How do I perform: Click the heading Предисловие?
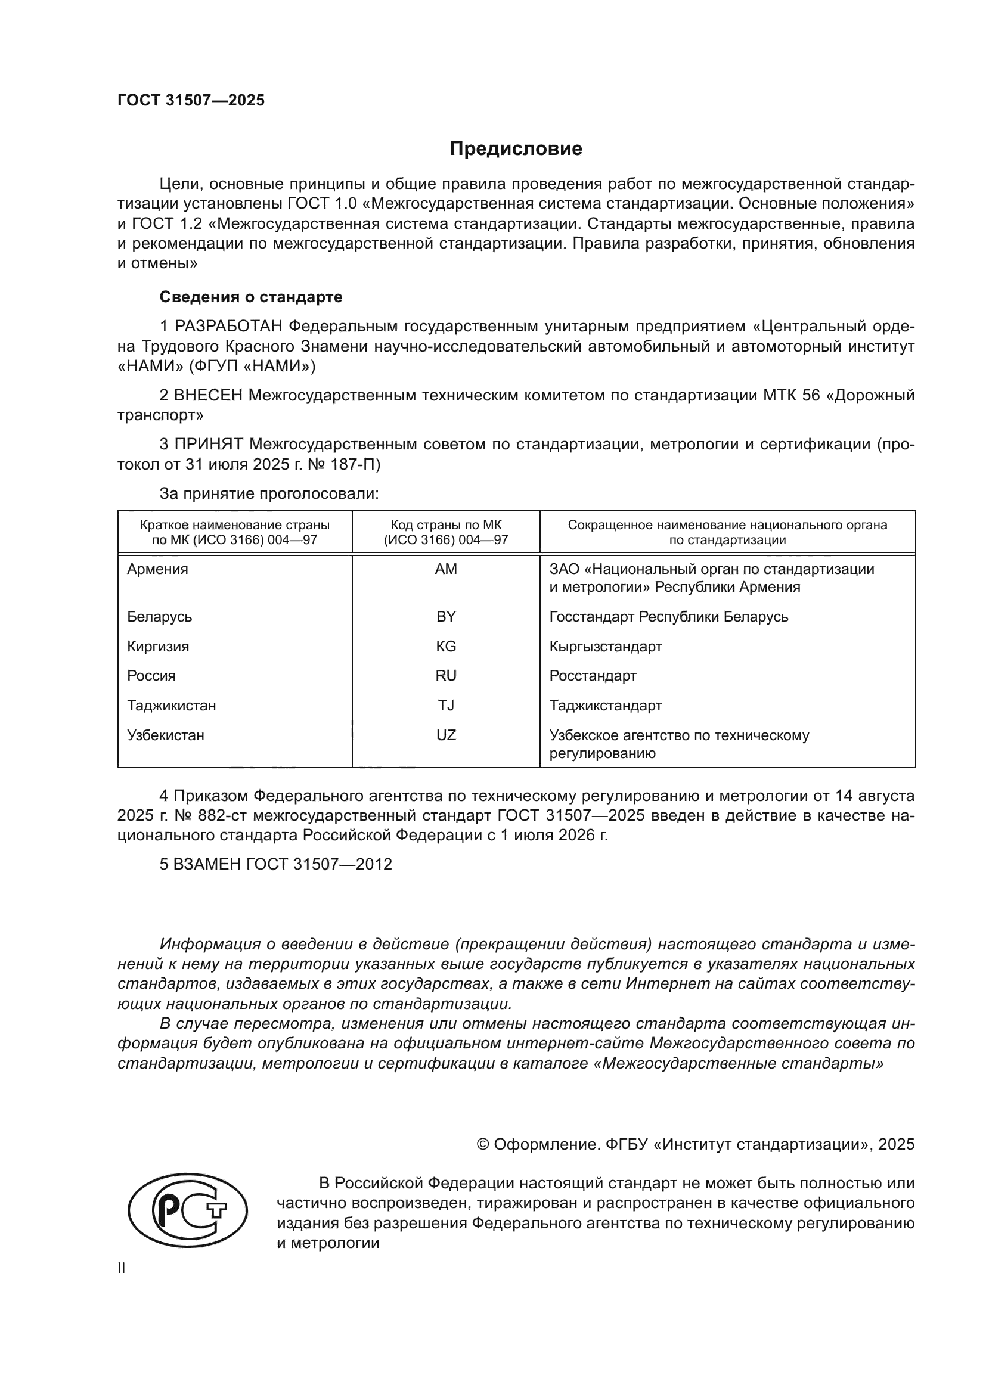516,149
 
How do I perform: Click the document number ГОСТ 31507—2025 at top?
191,100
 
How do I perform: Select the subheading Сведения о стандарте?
251,297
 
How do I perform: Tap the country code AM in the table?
446,569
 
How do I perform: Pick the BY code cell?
446,616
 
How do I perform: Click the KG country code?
446,646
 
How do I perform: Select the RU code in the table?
446,676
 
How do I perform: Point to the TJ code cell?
446,706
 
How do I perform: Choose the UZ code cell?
446,735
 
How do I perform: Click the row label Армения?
158,569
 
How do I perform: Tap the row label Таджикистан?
171,706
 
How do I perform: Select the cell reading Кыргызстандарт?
605,646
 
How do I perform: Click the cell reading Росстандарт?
593,676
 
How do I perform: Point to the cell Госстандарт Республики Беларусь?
668,616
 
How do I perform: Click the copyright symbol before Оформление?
483,1144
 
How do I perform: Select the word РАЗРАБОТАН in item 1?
228,327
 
